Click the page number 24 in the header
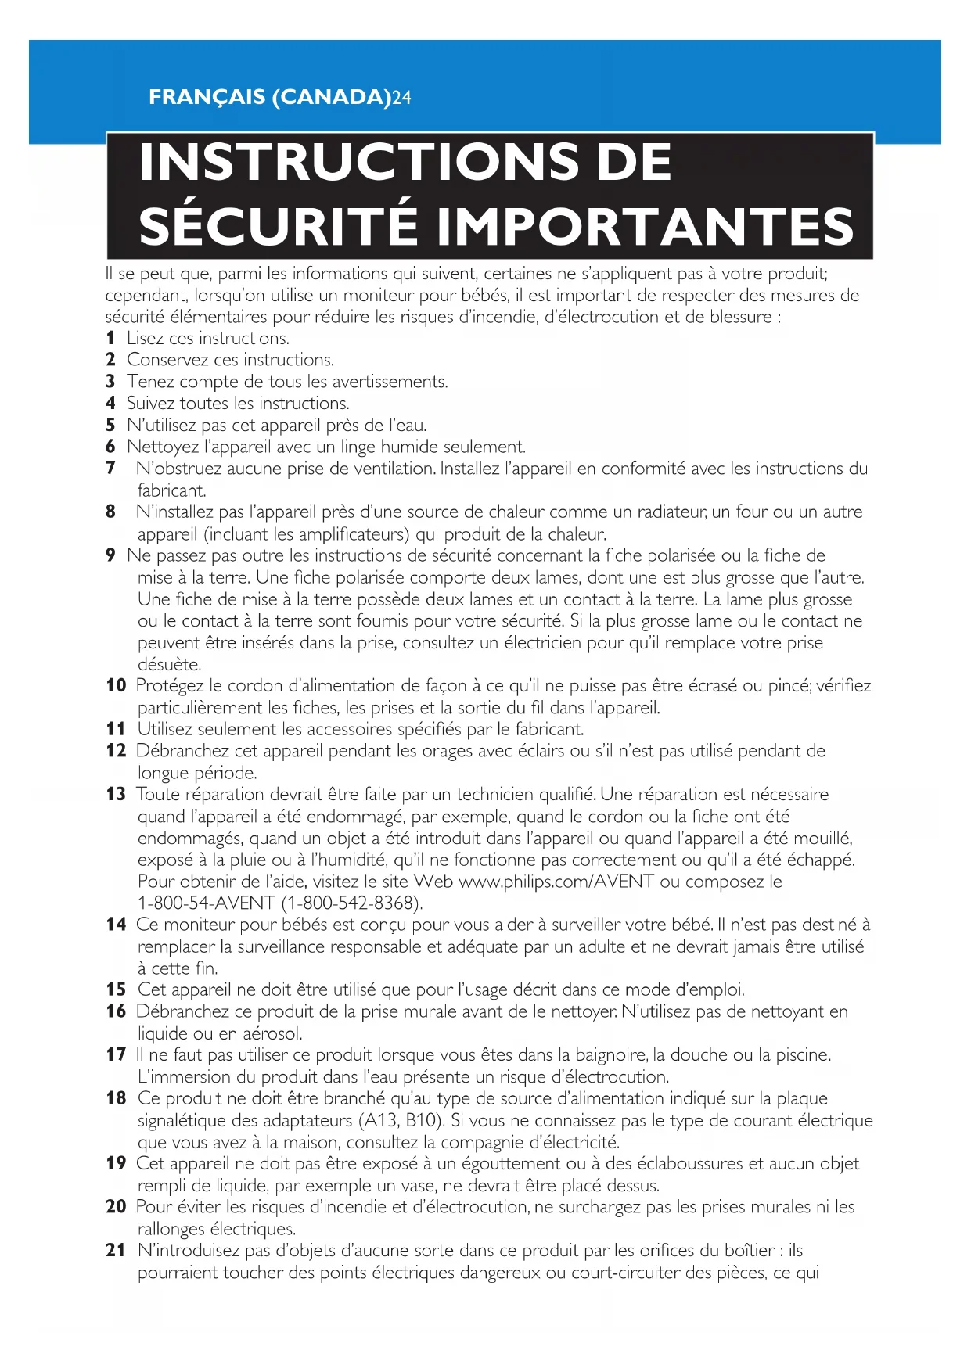[401, 98]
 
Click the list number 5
[110, 426]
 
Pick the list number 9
[110, 555]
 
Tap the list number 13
[116, 795]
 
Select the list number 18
[116, 1098]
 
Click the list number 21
[116, 1250]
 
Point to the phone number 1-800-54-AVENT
[206, 903]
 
